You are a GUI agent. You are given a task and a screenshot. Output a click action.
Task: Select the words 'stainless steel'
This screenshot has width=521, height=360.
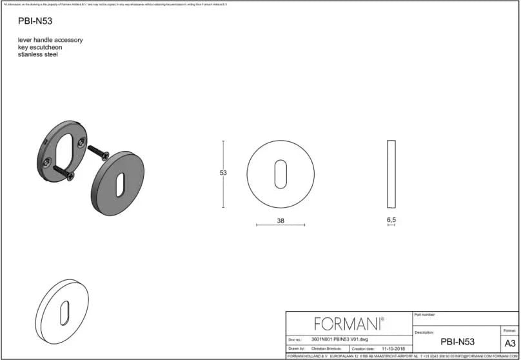38,55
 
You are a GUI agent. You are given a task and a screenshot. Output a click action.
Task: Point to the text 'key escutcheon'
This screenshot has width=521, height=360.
41,47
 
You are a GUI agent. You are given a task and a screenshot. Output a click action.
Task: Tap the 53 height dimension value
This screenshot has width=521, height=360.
223,173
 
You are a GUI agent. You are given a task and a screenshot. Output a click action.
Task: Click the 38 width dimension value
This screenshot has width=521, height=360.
280,221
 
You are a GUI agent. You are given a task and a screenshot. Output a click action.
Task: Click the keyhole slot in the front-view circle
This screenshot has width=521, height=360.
281,174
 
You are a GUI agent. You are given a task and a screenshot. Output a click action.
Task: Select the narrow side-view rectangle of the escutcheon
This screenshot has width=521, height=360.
391,174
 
